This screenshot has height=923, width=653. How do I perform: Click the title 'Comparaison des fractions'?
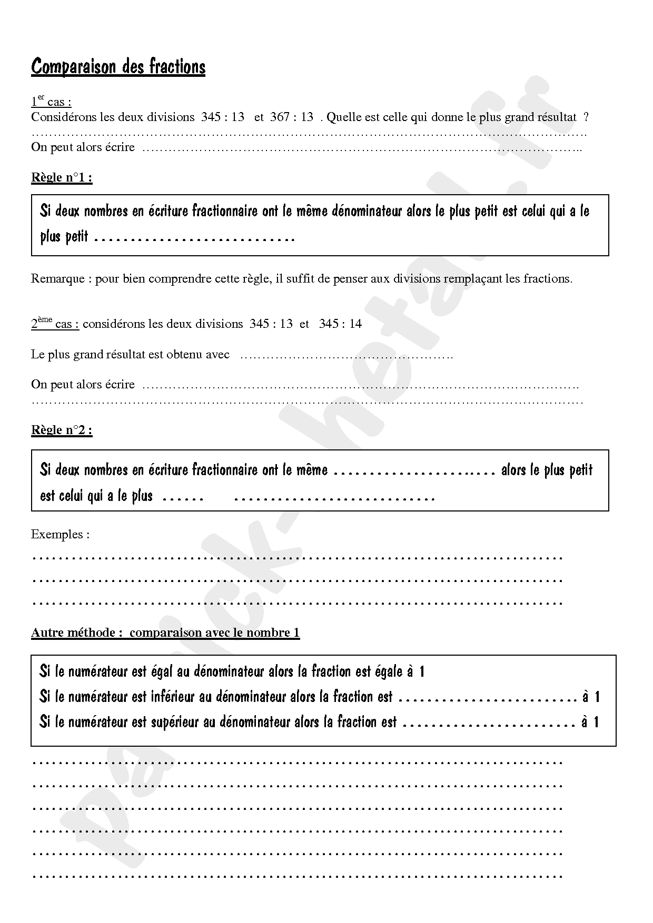pos(118,67)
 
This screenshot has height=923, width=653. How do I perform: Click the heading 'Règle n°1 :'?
pos(62,177)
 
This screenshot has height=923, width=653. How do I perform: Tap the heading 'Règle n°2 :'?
pos(62,430)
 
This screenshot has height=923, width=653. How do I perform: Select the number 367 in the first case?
pos(280,117)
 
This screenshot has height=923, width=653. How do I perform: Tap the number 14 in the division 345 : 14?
pos(355,324)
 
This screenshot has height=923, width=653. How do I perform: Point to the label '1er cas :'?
pos(51,102)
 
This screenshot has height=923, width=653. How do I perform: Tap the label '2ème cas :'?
pos(55,324)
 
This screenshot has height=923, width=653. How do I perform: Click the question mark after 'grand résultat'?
pos(586,117)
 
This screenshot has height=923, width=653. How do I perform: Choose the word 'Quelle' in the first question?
pos(342,117)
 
